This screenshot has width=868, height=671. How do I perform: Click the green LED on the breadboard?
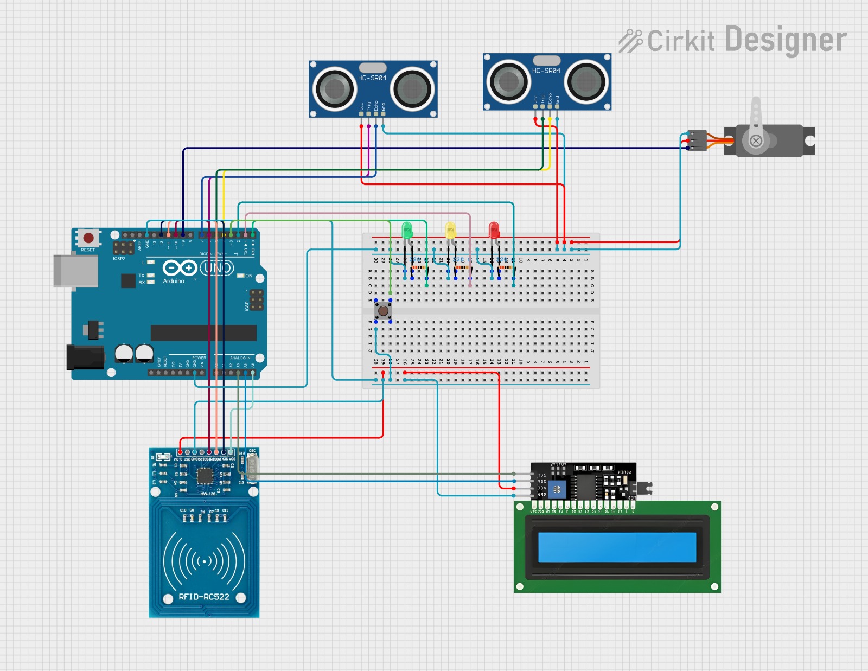[407, 230]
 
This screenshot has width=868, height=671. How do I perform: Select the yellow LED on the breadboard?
[450, 230]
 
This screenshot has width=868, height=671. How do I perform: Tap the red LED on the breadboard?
[494, 230]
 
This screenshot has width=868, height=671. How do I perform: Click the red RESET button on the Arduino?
[88, 238]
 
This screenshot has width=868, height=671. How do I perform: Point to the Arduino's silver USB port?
[75, 271]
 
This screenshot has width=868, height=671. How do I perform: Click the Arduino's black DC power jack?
[85, 357]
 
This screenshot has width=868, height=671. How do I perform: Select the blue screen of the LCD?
[617, 547]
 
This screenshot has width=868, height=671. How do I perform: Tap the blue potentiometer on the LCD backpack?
[557, 489]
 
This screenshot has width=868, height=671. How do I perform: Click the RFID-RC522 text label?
[204, 597]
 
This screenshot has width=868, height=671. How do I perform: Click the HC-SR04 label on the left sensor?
[372, 78]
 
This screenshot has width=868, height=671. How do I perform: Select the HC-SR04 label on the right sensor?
[546, 71]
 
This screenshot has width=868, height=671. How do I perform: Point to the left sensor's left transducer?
[334, 89]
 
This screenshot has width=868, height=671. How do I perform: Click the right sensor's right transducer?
[586, 82]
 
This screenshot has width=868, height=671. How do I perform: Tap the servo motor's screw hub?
[756, 142]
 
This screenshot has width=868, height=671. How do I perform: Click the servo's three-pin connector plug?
[697, 140]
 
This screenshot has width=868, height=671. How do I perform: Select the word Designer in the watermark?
[786, 40]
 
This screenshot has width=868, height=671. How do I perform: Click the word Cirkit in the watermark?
[681, 41]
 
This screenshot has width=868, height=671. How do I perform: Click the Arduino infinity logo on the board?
[180, 268]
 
